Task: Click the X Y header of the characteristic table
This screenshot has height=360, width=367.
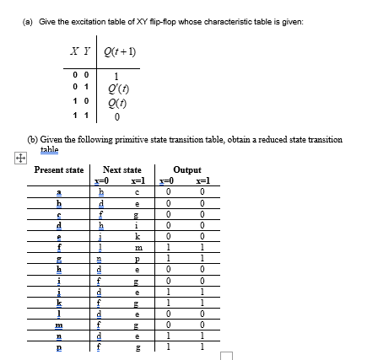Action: pos(81,58)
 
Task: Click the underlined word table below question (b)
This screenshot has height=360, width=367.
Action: pos(50,148)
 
